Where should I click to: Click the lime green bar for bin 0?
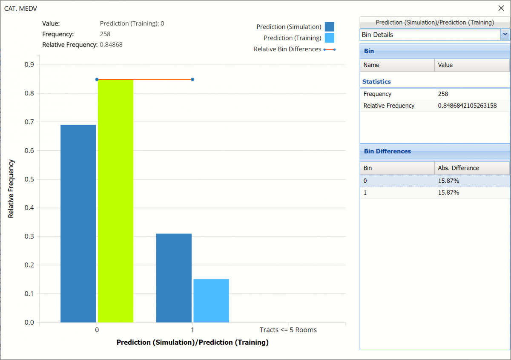coord(115,201)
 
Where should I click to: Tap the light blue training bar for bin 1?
coord(211,300)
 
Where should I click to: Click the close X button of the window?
coord(501,8)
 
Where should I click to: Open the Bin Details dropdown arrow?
coord(505,35)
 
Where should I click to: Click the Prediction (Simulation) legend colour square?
coord(329,27)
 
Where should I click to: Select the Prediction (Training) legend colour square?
coord(329,38)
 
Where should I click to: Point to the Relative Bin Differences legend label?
coord(287,49)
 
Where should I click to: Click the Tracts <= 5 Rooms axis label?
coord(288,330)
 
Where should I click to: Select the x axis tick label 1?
coord(192,330)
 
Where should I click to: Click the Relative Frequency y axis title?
coord(11,189)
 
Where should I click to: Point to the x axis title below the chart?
coord(192,342)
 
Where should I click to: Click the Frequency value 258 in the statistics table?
coord(443,94)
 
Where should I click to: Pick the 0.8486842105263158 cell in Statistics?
coord(467,106)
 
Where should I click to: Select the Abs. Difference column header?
coord(459,168)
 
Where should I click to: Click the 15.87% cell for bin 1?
coord(448,193)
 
